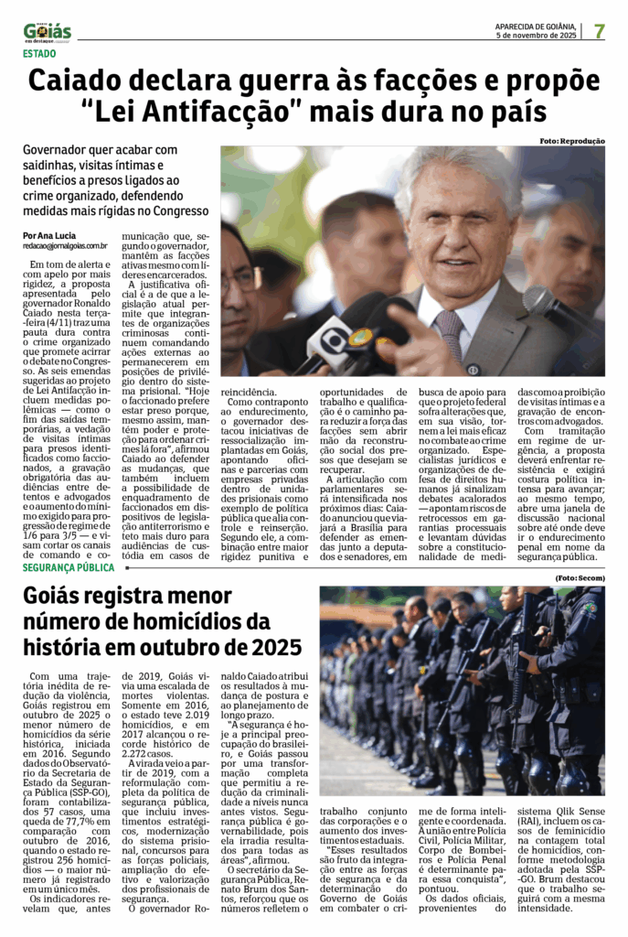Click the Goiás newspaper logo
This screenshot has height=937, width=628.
pyautogui.click(x=47, y=32)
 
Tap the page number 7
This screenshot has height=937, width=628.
pyautogui.click(x=599, y=30)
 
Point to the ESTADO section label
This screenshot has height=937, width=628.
pyautogui.click(x=38, y=54)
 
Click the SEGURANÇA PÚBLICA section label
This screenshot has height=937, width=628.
pyautogui.click(x=69, y=567)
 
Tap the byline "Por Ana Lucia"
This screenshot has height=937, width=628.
pyautogui.click(x=50, y=235)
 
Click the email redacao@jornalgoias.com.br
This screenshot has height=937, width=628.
pyautogui.click(x=65, y=246)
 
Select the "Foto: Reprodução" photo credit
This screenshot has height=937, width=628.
pyautogui.click(x=572, y=141)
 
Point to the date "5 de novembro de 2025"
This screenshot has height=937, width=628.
pyautogui.click(x=536, y=35)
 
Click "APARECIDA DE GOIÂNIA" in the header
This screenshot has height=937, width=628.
pyautogui.click(x=536, y=26)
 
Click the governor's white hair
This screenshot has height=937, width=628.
pyautogui.click(x=457, y=169)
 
